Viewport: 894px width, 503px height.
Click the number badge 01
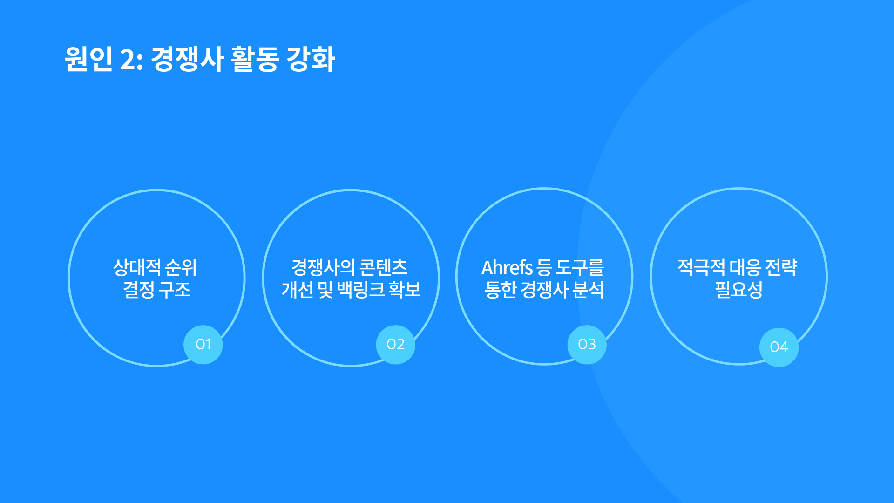click(x=203, y=345)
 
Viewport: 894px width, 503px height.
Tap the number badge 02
click(x=395, y=345)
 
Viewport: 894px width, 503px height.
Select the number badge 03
click(x=587, y=345)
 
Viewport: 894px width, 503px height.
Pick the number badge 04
click(x=779, y=347)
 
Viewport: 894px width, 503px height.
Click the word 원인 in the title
click(x=88, y=59)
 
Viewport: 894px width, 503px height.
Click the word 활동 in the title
click(x=255, y=59)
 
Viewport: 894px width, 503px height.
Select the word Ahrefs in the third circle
click(x=507, y=268)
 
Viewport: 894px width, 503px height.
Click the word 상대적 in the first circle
click(x=137, y=268)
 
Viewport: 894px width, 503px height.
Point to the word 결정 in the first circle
click(x=139, y=290)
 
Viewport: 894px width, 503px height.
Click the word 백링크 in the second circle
click(x=361, y=290)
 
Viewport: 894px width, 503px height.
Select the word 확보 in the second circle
click(x=405, y=290)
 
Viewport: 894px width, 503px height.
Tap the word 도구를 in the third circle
click(x=580, y=268)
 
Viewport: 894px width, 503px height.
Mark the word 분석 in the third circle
click(x=588, y=290)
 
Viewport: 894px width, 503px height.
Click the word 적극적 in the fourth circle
click(x=701, y=268)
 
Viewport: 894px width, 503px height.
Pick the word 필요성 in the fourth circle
click(x=739, y=290)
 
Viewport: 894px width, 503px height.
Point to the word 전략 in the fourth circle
click(x=782, y=268)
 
